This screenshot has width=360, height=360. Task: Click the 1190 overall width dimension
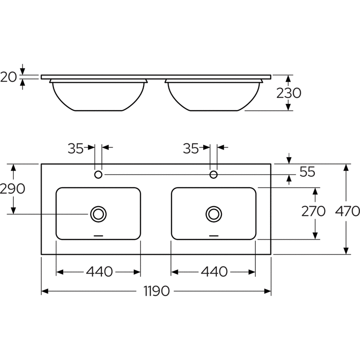[x=157, y=291]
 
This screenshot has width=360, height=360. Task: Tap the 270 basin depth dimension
[x=313, y=211]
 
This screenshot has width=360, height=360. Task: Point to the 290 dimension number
[x=12, y=189]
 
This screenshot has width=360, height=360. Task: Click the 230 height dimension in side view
[x=288, y=93]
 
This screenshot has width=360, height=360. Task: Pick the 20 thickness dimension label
[x=8, y=77]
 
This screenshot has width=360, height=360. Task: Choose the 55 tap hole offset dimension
[x=307, y=172]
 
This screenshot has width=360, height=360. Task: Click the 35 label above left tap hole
[x=75, y=148]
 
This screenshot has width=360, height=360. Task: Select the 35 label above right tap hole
[x=191, y=148]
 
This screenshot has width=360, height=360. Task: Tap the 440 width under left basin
[x=99, y=272]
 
